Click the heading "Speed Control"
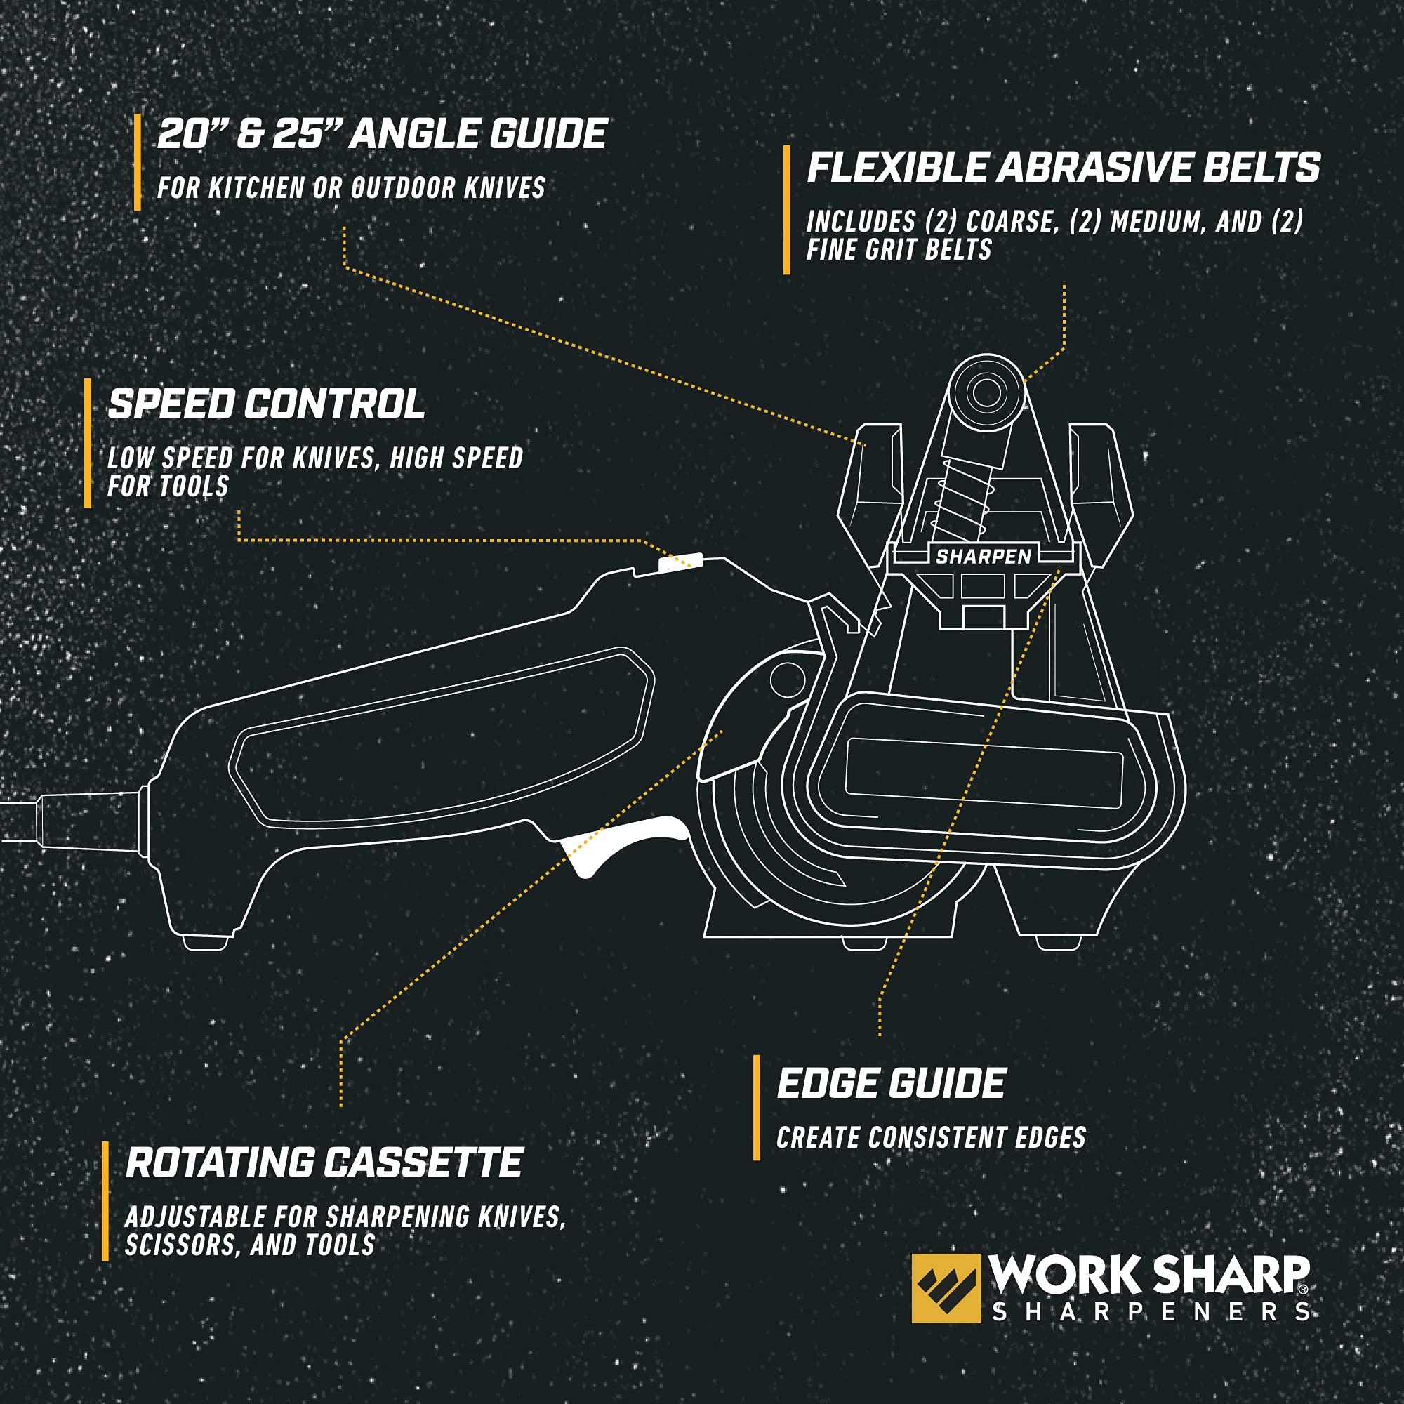266,404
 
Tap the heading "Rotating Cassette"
324,1162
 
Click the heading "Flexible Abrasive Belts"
1063,168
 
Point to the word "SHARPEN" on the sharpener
984,557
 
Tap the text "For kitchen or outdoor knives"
351,188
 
